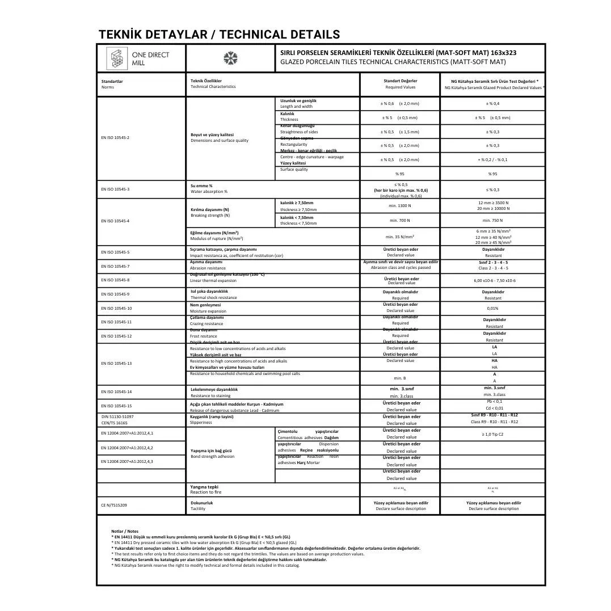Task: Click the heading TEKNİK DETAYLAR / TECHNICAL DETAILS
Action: (x=219, y=35)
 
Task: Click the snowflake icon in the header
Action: (x=230, y=58)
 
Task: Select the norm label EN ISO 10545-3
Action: (x=115, y=189)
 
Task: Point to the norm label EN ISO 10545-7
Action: (x=115, y=266)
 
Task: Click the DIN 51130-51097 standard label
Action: (x=117, y=416)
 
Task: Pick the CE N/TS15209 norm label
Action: (x=114, y=505)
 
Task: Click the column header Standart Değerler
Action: (x=401, y=81)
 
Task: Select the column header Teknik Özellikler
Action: (x=207, y=81)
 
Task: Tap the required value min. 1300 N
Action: (x=401, y=205)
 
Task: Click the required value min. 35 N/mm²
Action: (x=400, y=237)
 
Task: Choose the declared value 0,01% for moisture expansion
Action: (x=492, y=308)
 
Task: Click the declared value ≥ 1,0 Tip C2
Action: (x=492, y=434)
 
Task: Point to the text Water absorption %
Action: (x=209, y=192)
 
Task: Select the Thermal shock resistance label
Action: (x=213, y=297)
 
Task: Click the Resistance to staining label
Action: (x=210, y=395)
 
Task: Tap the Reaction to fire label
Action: (x=206, y=492)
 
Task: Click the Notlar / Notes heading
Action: (x=125, y=531)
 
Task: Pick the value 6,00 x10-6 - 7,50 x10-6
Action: (x=494, y=280)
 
